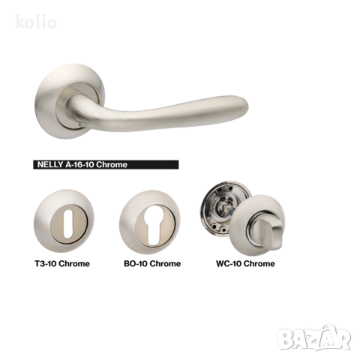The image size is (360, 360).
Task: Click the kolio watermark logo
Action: (36, 22)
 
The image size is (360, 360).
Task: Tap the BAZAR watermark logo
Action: (314, 337)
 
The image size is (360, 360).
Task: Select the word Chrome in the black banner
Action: (112, 164)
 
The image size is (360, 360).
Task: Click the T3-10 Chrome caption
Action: (62, 263)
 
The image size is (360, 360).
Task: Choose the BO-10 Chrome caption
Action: (152, 263)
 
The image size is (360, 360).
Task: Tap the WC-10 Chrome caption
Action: (245, 263)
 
